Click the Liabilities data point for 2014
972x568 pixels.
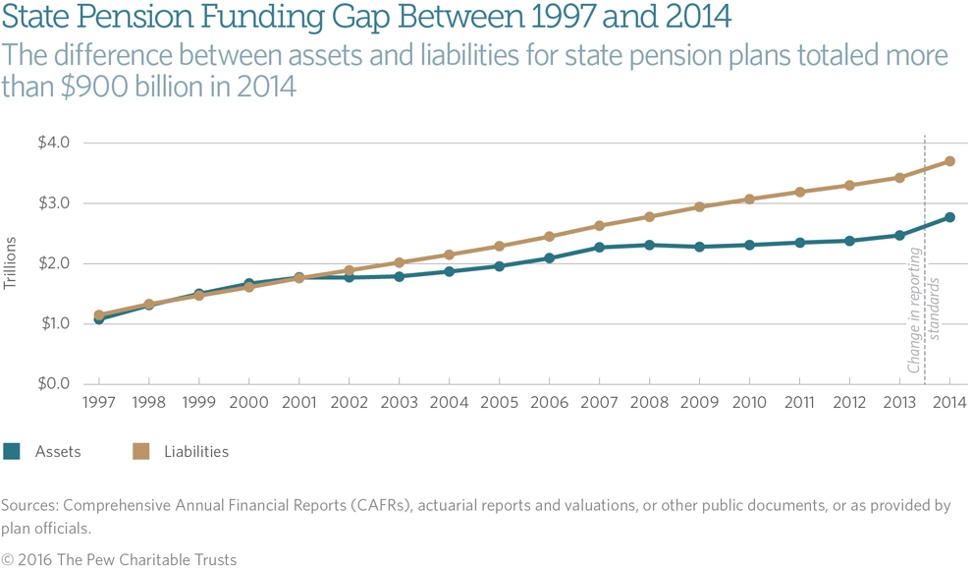[x=949, y=161]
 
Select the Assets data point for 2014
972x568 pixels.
[x=949, y=217]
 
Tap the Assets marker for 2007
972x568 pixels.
[x=599, y=248]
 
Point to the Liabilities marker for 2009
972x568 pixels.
[x=699, y=207]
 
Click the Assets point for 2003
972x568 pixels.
[x=399, y=276]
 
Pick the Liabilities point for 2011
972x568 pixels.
[x=799, y=192]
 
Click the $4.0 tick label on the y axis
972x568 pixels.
[x=53, y=142]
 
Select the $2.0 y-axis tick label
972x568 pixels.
[x=53, y=263]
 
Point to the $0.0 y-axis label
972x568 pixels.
[x=53, y=383]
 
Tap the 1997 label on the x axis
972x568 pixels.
[x=98, y=403]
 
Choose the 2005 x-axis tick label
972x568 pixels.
[x=499, y=403]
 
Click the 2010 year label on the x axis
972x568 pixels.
[x=749, y=403]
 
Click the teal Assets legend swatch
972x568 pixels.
[x=12, y=452]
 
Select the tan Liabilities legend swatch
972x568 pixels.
[x=140, y=452]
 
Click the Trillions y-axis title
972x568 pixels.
[x=11, y=263]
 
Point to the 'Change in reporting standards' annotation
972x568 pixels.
[x=924, y=324]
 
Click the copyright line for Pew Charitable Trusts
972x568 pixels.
[x=119, y=559]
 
